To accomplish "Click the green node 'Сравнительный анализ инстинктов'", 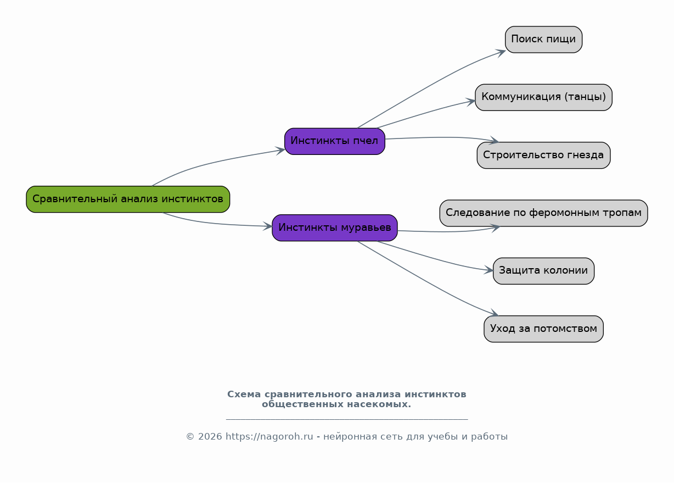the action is (128, 199).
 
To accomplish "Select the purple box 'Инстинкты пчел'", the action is (335, 141).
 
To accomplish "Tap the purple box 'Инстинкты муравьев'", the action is (335, 228).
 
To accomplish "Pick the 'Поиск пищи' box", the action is (543, 40).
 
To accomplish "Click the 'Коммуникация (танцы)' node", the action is (543, 97).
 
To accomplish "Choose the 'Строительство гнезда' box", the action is (543, 155).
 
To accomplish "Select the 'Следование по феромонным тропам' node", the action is (543, 213).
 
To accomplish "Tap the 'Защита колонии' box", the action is (543, 271).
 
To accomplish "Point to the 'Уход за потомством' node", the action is (543, 329).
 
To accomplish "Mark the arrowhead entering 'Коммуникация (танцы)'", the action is (471, 102).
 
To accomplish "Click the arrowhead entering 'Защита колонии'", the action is (488, 270).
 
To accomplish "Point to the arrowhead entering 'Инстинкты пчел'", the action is (280, 151).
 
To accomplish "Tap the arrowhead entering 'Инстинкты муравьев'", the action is (268, 226).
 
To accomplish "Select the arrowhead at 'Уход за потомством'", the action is (495, 313).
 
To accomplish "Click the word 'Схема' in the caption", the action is (244, 394).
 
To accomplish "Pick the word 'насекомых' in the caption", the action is (379, 404).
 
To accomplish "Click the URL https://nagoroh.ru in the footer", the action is (269, 437).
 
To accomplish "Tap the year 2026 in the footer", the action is (210, 437).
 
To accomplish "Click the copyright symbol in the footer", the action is (190, 437).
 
